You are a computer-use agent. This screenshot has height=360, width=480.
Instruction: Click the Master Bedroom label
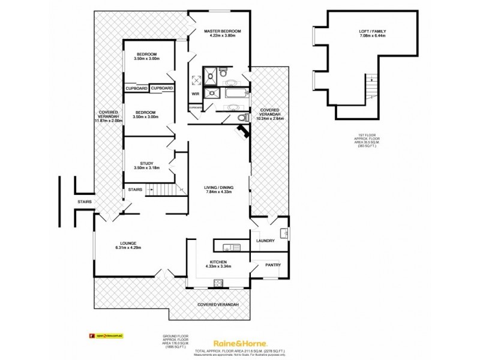click(x=222, y=31)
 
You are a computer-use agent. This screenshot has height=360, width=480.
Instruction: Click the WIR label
click(x=195, y=94)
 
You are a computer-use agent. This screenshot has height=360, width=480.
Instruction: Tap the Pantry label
click(x=265, y=265)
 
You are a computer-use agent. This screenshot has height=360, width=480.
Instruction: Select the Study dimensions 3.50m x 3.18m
click(x=147, y=168)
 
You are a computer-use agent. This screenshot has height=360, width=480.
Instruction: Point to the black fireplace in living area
click(x=242, y=131)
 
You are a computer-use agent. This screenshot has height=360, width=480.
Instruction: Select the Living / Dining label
click(x=218, y=188)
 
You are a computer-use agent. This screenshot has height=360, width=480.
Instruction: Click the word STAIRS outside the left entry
click(x=84, y=202)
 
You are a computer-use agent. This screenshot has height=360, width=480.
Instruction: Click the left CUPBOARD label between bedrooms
click(x=136, y=89)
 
